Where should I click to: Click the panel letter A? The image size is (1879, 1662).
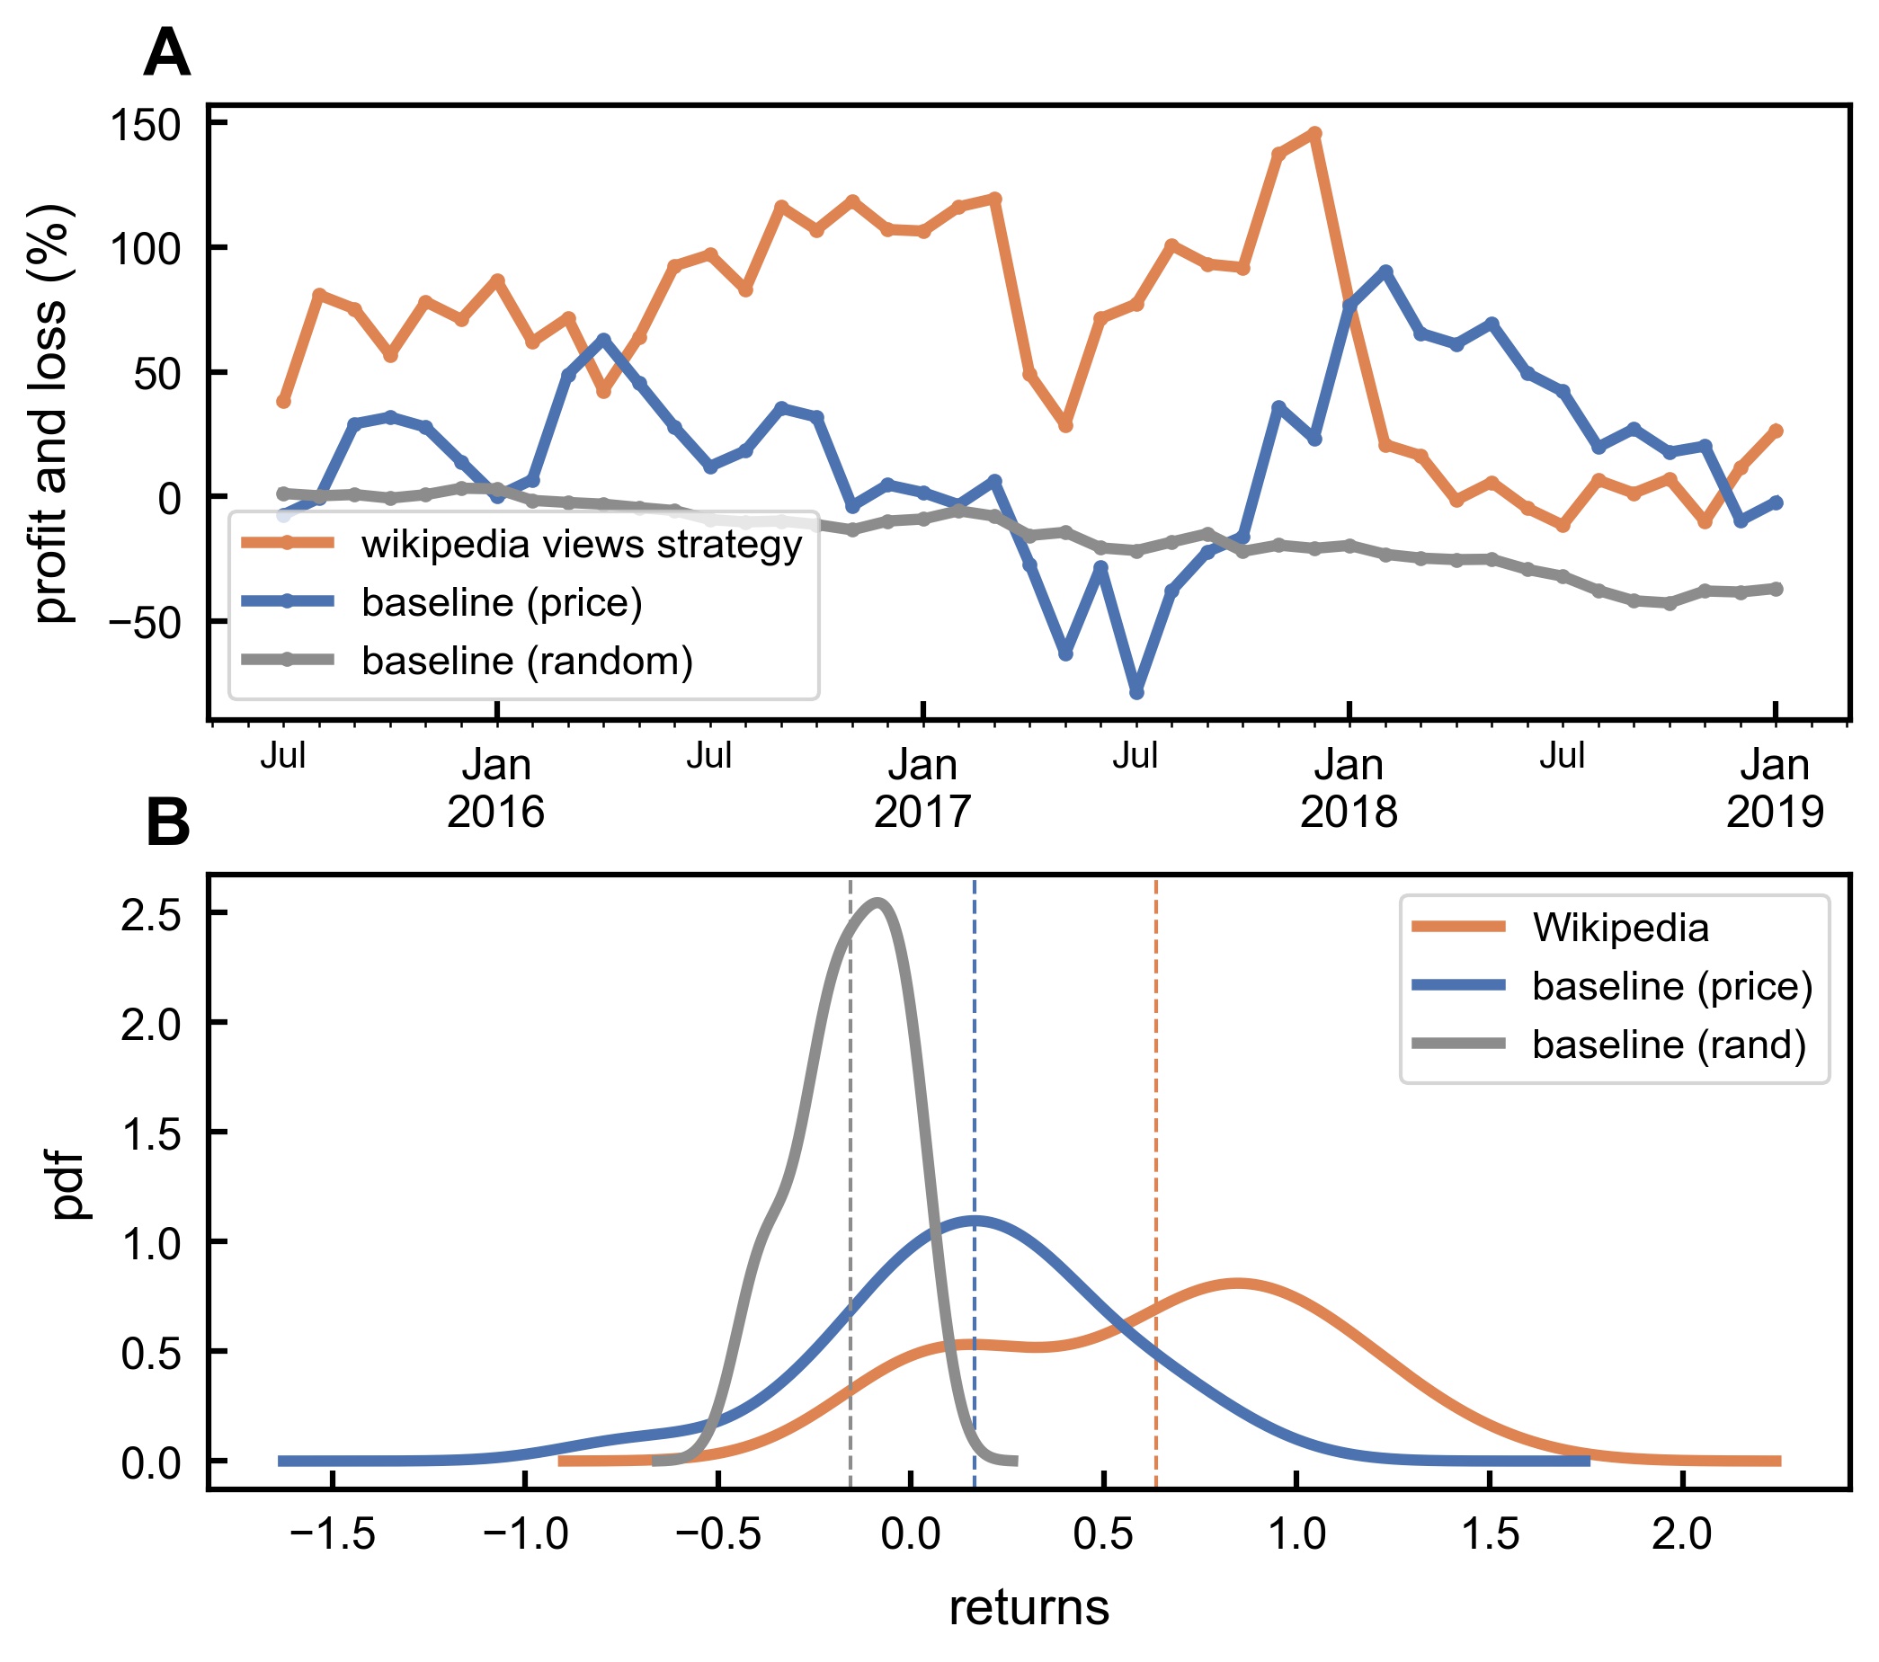point(167,53)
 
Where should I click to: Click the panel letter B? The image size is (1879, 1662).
point(167,822)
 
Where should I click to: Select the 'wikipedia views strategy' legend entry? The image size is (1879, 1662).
point(581,544)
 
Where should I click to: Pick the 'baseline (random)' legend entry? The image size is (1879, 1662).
point(527,661)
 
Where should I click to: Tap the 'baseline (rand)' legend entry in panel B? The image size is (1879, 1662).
point(1669,1044)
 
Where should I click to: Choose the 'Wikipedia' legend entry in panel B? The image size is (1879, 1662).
point(1620,928)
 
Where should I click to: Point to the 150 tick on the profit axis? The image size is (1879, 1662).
point(146,124)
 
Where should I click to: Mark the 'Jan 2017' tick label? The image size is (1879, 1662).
point(922,787)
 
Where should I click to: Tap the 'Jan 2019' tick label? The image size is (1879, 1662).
point(1774,787)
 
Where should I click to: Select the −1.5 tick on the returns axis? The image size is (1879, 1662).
point(332,1535)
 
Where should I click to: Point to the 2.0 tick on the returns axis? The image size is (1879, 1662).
point(1681,1535)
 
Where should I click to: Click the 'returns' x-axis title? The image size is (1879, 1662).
point(1029,1608)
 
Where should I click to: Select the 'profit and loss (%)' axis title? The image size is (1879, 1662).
point(51,413)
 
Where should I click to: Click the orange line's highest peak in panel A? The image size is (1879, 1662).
point(1314,133)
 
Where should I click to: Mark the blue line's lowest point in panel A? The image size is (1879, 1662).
point(1137,692)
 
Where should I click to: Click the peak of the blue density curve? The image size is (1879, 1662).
point(975,1220)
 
